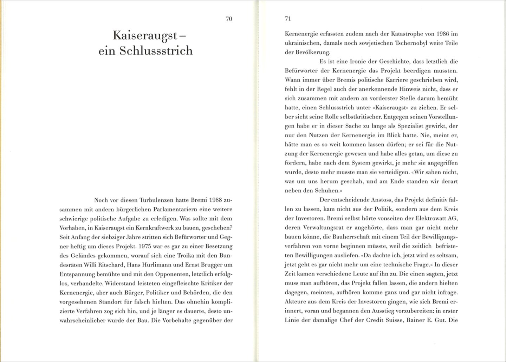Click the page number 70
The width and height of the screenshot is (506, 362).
point(229,19)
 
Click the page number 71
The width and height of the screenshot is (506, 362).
point(287,19)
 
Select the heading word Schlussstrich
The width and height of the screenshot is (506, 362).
point(156,51)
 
